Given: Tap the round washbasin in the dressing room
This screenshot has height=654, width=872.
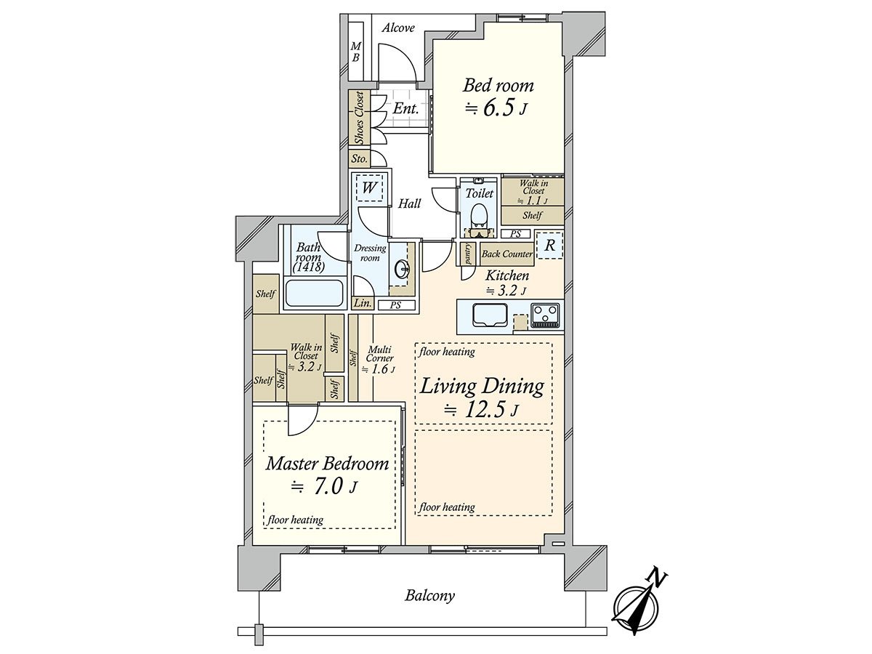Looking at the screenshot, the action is [x=402, y=271].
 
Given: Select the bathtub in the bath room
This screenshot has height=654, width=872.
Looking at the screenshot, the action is [x=314, y=294].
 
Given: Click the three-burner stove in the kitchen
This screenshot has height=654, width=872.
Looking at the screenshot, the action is [x=546, y=315].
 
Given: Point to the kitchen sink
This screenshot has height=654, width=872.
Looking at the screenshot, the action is [x=490, y=315].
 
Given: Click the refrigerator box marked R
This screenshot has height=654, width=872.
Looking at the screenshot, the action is [x=549, y=246].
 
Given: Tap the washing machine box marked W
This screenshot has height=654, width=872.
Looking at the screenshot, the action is [x=369, y=187].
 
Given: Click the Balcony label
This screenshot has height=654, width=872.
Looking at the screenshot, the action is [x=430, y=607].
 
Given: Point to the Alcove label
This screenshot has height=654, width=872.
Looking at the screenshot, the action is [x=398, y=28].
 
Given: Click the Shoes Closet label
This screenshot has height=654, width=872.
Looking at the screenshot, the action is [x=359, y=118].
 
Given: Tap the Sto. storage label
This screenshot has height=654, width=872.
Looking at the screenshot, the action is [x=359, y=159].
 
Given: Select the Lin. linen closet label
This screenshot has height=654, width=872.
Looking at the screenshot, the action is [x=363, y=303].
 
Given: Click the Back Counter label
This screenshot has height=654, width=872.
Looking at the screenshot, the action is [x=507, y=254].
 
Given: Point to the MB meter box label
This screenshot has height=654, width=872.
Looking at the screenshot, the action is [x=355, y=52].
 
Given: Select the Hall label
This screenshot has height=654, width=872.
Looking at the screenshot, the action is [x=409, y=203].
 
